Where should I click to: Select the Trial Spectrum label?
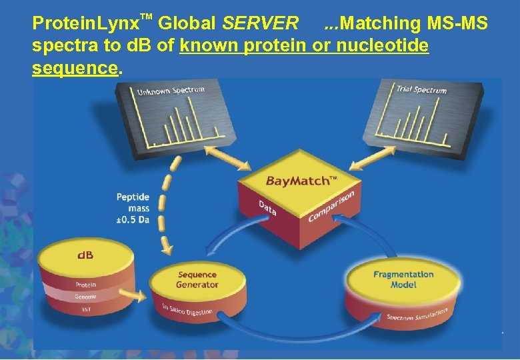pos(421,89)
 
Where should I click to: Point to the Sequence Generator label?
pos(197,279)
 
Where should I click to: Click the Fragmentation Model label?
pos(403,279)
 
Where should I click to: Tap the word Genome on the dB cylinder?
pos(85,297)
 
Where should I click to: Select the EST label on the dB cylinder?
pos(85,309)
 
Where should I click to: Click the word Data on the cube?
pos(268,208)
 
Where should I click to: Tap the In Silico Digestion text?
pos(187,311)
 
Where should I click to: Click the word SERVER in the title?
pos(260,25)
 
